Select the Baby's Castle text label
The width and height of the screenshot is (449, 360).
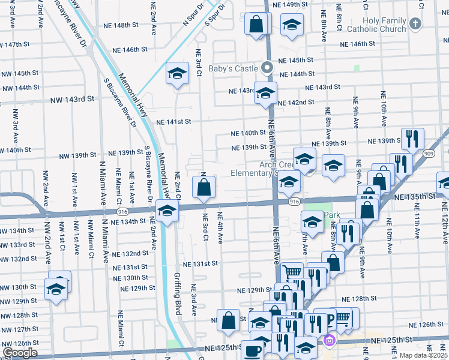(233, 68)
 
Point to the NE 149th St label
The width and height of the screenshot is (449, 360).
(295, 5)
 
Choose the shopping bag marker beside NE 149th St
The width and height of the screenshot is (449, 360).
(256, 25)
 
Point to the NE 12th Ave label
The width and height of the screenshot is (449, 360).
(444, 221)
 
